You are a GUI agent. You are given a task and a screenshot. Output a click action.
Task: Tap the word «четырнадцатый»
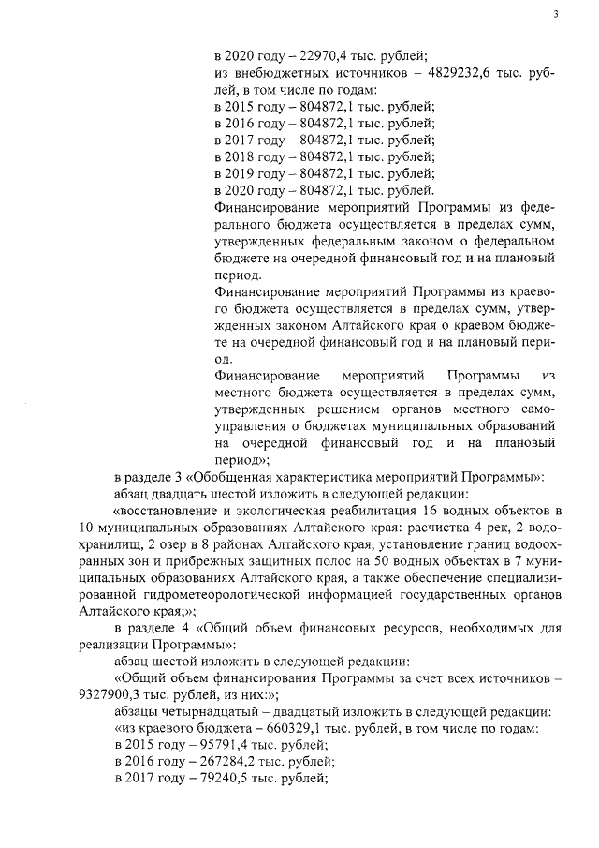pyautogui.click(x=209, y=713)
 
